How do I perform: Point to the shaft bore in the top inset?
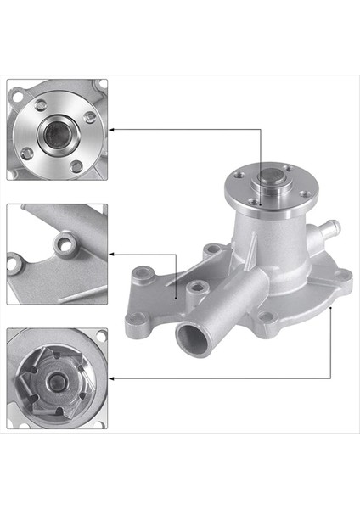pos(59,131)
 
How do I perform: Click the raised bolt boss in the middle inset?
pos(61,246)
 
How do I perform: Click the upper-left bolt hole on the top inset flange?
pos(41,106)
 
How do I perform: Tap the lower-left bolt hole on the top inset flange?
pos(27,153)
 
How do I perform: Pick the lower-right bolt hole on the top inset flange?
pos(76,166)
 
